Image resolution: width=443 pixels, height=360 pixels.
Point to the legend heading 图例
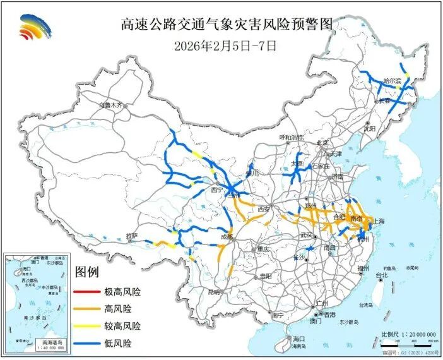87,273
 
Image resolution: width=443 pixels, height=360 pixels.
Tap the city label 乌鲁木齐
111,105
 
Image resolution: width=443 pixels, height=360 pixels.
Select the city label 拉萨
131,236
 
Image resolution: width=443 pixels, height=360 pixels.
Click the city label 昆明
215,292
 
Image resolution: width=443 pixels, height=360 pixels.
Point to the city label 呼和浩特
292,137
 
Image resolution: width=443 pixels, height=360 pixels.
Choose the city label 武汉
307,235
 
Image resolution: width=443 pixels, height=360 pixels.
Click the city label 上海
380,221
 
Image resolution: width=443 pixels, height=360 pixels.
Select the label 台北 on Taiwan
382,275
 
